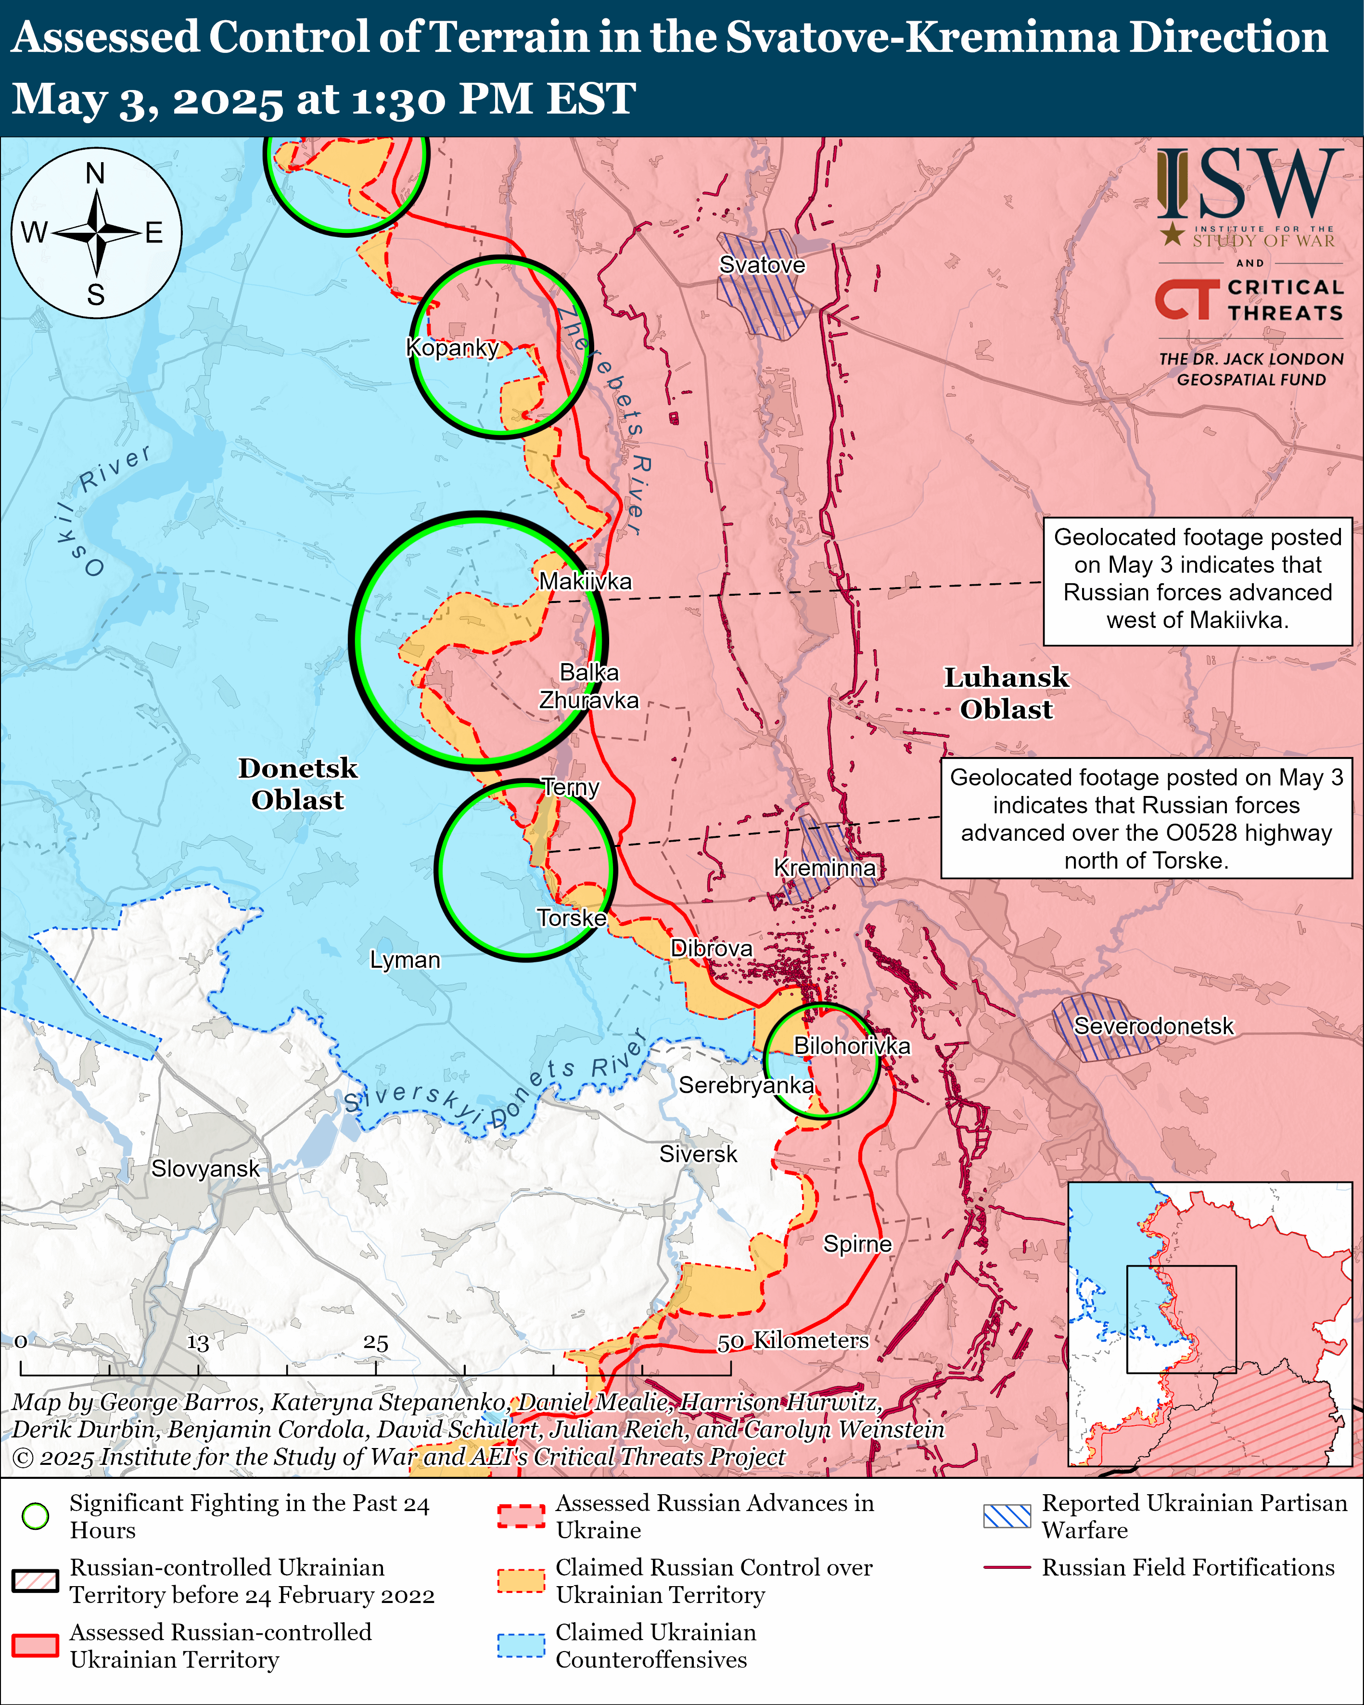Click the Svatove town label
762,265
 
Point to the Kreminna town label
824,868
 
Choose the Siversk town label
698,1154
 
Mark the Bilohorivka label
852,1045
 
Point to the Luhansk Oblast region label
1006,693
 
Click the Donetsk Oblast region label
297,784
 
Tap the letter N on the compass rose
96,172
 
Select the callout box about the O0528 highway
1146,819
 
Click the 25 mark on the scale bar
376,1343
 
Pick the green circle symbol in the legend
36,1516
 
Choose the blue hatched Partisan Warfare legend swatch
1007,1516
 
